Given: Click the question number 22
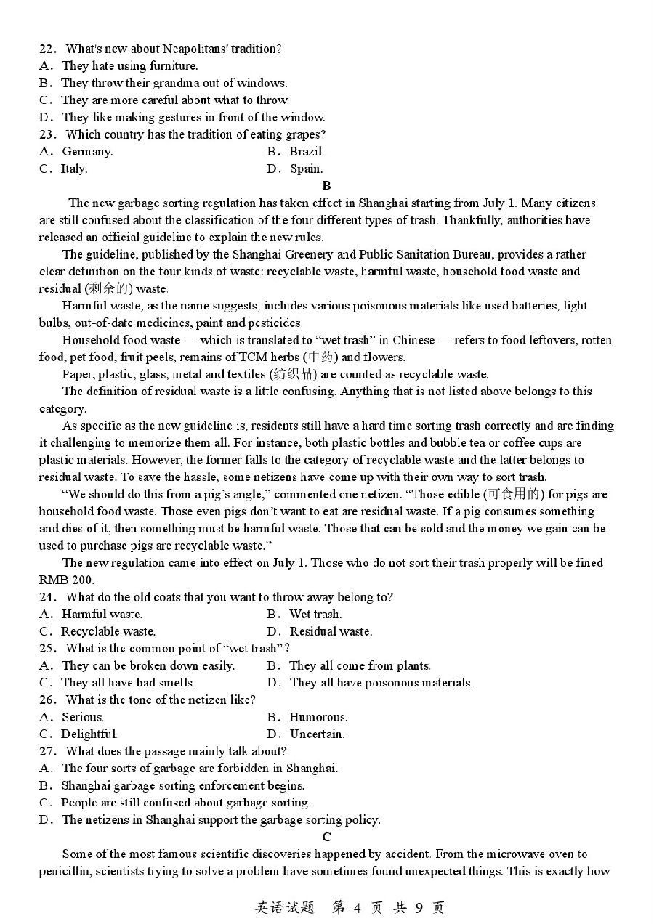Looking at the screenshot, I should (x=47, y=49).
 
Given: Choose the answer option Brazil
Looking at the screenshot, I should (x=306, y=152).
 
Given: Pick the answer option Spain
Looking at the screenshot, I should (x=306, y=169).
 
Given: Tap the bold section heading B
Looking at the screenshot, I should (x=326, y=186).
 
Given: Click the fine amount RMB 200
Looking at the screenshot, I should (x=66, y=580).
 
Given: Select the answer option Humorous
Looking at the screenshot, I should (x=318, y=717).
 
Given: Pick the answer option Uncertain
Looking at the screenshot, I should (x=317, y=734).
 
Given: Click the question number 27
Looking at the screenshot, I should (x=47, y=752).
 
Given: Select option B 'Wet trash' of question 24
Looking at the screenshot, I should (x=315, y=615).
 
